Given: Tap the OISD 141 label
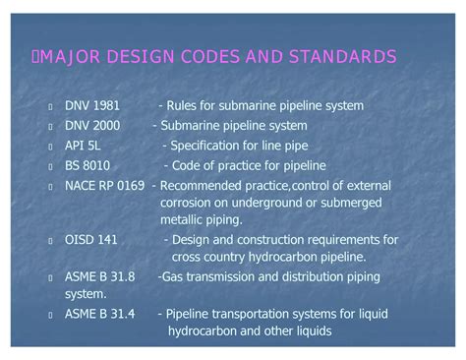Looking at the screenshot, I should (89, 239).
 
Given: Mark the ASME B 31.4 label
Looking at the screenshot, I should (99, 314).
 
